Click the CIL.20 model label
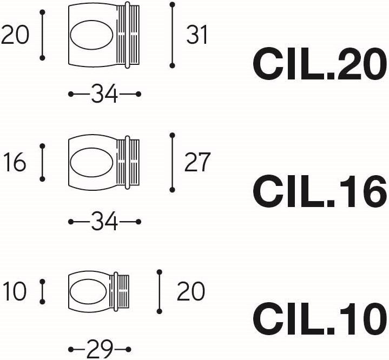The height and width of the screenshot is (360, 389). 320,64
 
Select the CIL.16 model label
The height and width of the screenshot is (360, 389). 320,191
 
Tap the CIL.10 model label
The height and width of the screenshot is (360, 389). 320,318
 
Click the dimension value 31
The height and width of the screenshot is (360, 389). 197,35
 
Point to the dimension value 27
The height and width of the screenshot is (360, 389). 197,162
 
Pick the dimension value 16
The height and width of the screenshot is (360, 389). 15,162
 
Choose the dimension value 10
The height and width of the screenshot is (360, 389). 15,291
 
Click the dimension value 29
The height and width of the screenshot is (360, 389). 100,349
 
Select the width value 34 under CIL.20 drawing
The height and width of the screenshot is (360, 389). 104,94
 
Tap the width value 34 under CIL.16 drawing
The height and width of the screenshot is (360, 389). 104,221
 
